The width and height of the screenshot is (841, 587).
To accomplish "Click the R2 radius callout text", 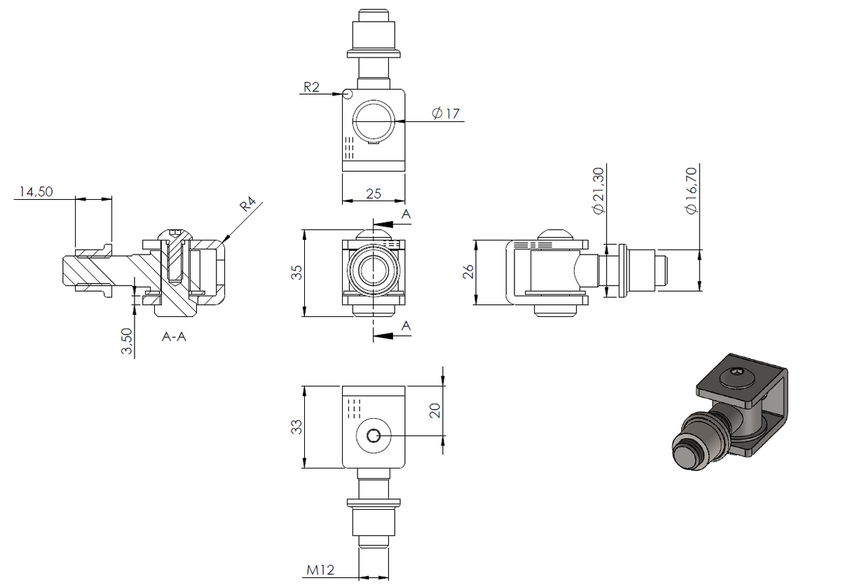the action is point(311,87).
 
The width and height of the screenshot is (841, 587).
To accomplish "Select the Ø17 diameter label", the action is point(446,113).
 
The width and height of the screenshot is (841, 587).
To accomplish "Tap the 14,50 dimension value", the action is point(36,191).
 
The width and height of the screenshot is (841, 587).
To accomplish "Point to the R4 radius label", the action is point(248,204).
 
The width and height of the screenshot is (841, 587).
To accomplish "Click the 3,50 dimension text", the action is point(127,342).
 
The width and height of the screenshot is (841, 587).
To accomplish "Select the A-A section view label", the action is point(174,337).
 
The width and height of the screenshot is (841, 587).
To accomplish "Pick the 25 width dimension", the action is point(374,194).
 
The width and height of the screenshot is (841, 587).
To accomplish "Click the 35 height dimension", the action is point(296,272).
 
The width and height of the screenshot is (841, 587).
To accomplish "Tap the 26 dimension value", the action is point(469,271).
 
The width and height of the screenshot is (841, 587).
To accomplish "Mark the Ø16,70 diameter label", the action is point(691,191).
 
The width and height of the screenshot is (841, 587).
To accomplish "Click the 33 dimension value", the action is point(296,427).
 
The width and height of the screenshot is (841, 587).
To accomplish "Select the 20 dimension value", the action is point(435,410).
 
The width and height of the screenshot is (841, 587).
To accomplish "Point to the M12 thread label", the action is point(320,570).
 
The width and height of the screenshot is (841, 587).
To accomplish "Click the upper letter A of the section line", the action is point(406,214).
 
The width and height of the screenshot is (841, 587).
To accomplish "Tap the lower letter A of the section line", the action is point(406,326).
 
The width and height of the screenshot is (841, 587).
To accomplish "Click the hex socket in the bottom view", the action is point(374,436).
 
